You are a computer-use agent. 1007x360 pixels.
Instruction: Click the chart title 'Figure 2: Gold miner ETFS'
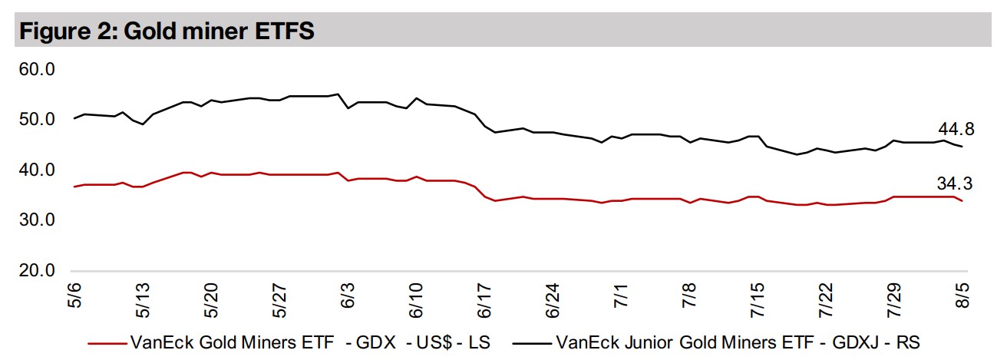click(x=168, y=31)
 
